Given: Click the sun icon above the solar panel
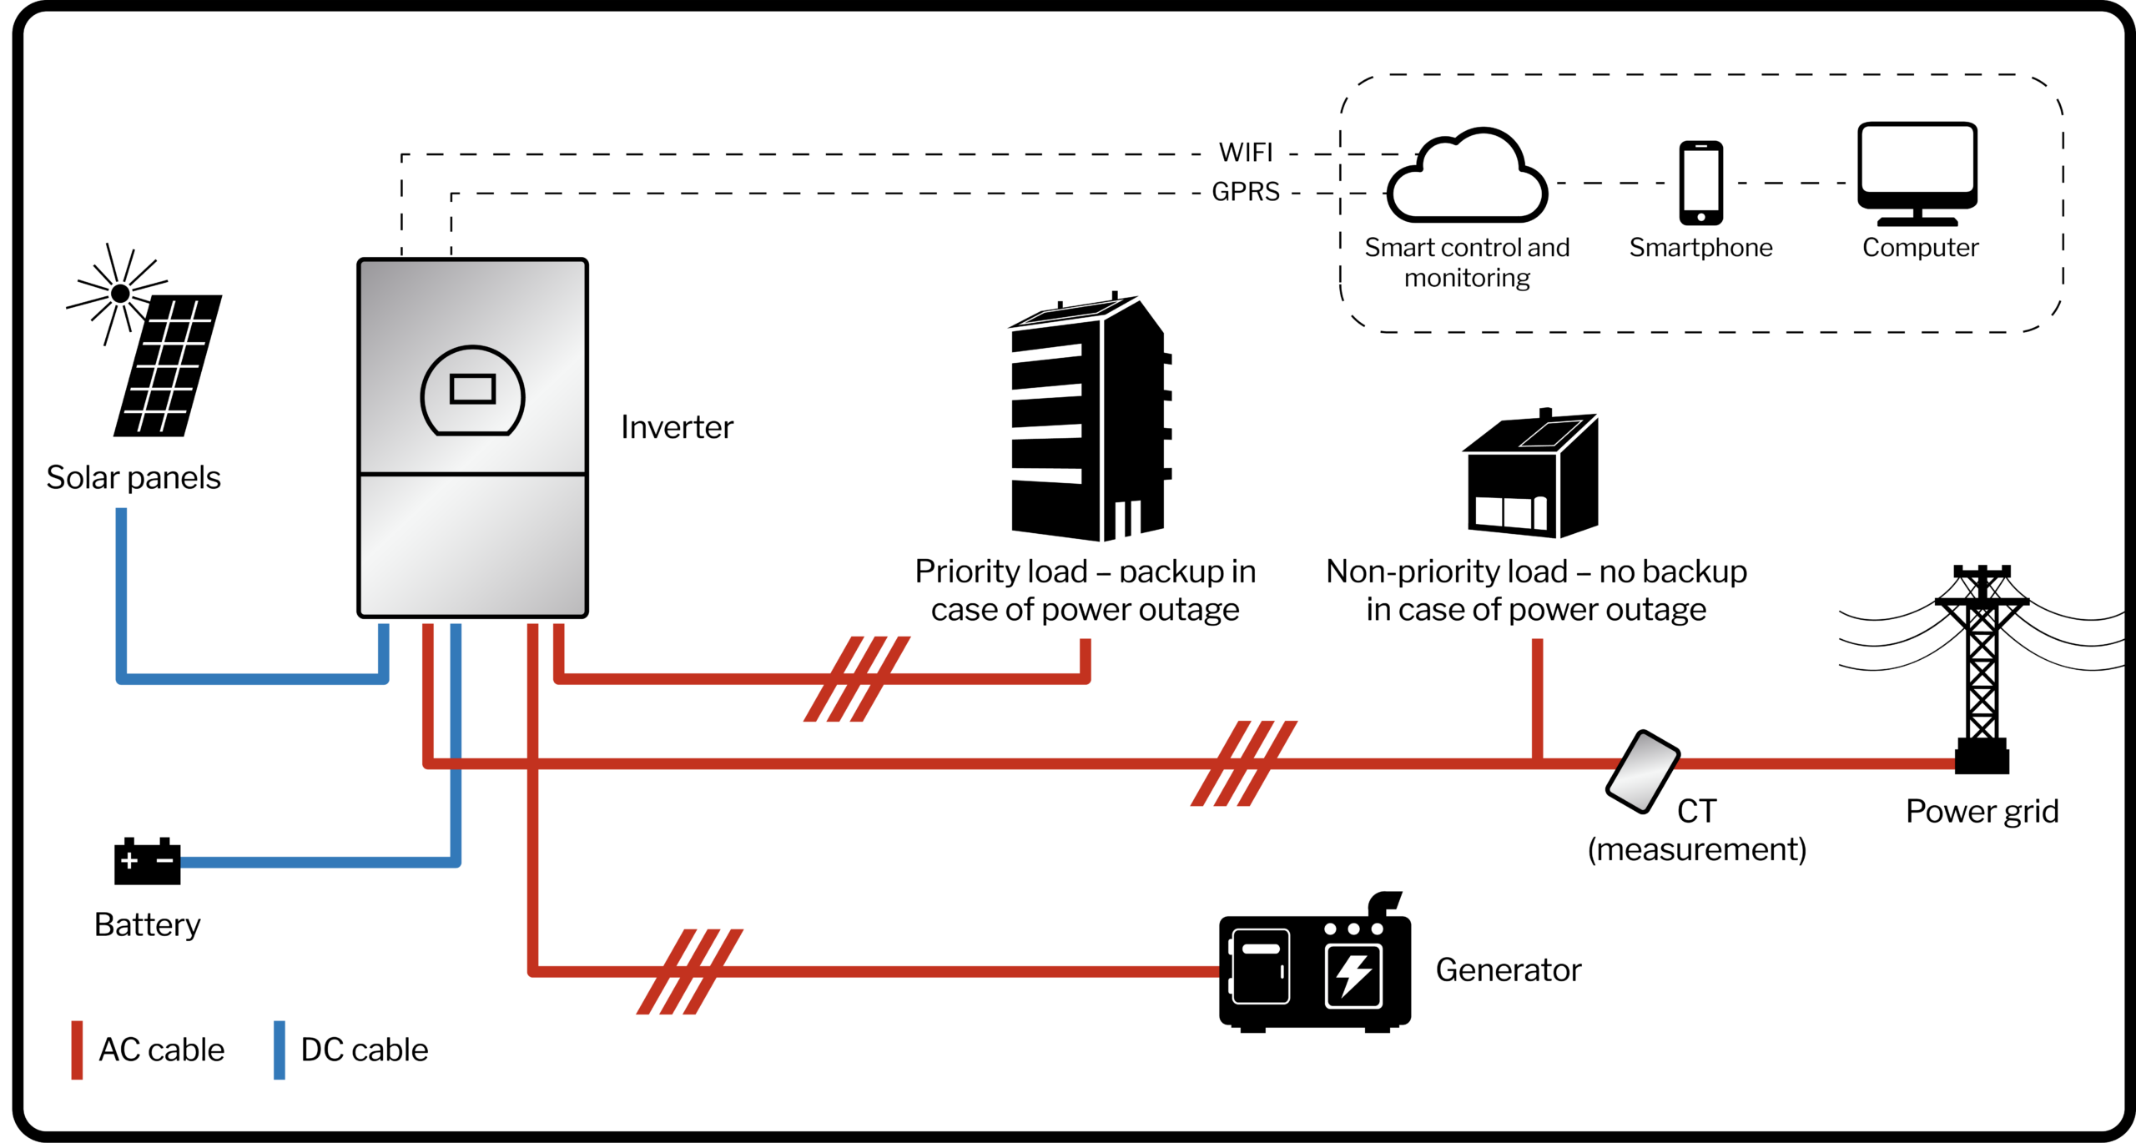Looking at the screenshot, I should point(120,294).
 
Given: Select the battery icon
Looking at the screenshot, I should point(147,861).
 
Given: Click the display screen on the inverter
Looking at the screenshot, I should point(472,390).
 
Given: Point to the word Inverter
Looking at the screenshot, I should point(677,427).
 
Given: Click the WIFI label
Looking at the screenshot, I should point(1246,153).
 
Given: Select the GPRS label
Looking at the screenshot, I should point(1246,192).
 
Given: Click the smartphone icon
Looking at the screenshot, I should point(1700,183).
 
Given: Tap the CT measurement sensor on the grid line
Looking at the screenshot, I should point(1642,772).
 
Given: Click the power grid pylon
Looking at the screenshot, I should point(1982,667).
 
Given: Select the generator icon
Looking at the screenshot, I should point(1314,968).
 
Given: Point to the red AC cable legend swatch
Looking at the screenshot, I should point(77,1050).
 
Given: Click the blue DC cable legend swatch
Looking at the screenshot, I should point(280,1050).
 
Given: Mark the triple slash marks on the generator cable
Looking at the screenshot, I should point(689,971).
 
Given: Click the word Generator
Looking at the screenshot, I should point(1508,970).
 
